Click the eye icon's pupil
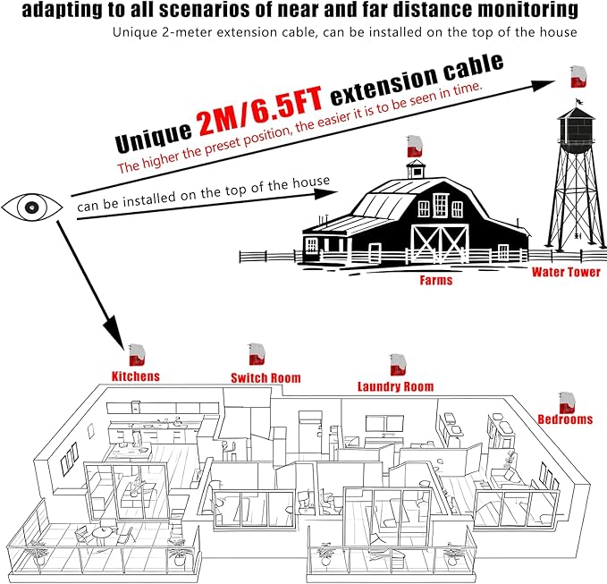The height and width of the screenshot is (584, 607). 32,207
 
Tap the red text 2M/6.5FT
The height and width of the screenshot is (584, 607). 260,111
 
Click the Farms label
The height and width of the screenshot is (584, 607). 436,280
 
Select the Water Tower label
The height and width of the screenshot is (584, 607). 566,272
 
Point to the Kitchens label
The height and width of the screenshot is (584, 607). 136,376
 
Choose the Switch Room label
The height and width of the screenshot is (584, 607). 266,378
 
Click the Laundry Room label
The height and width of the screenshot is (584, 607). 395,386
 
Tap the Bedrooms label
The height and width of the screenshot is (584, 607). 565,419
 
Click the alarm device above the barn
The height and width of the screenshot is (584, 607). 415,146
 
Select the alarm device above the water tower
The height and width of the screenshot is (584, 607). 578,77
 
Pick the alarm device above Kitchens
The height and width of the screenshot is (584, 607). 137,355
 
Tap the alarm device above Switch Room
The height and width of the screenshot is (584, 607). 257,354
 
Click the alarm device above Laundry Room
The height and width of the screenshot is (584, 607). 399,365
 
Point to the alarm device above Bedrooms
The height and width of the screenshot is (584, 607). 567,402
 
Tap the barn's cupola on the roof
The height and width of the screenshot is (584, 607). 416,169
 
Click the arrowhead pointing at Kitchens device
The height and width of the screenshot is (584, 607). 114,330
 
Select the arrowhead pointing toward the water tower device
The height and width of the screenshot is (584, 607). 543,85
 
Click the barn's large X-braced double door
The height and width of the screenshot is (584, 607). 440,243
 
